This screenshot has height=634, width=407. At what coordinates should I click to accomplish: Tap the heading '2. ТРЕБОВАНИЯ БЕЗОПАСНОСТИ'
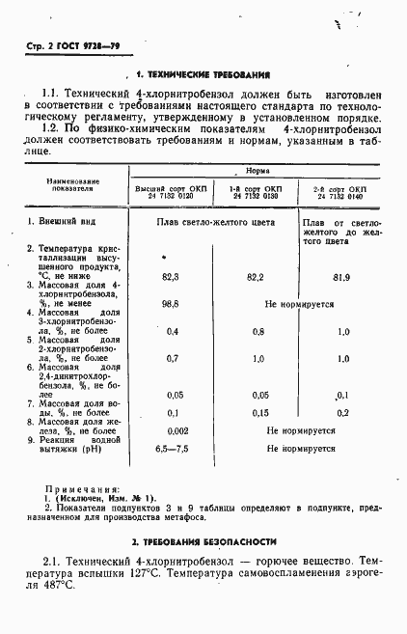point(203,541)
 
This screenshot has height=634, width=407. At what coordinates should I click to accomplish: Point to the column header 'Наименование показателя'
point(76,185)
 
